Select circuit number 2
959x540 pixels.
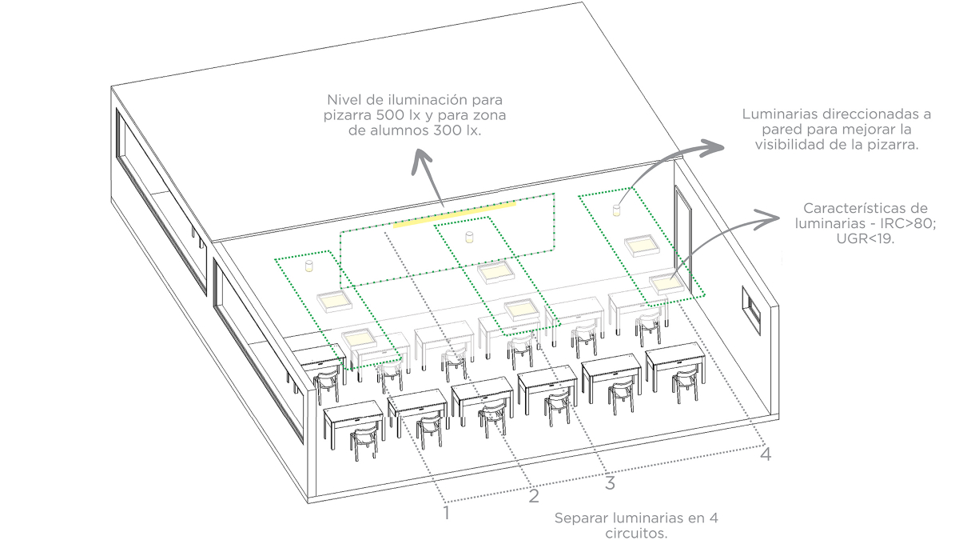click(x=534, y=497)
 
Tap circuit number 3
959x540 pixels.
click(x=610, y=483)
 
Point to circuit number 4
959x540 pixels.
click(x=765, y=454)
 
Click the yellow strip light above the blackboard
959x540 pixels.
click(x=454, y=214)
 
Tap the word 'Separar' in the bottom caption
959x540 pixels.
click(x=581, y=518)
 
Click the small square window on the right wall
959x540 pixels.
click(x=751, y=308)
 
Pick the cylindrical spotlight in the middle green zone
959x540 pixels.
click(x=470, y=237)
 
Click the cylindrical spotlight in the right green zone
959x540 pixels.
click(x=616, y=210)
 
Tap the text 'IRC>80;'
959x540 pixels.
click(x=907, y=222)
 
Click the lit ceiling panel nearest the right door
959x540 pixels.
click(x=665, y=282)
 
